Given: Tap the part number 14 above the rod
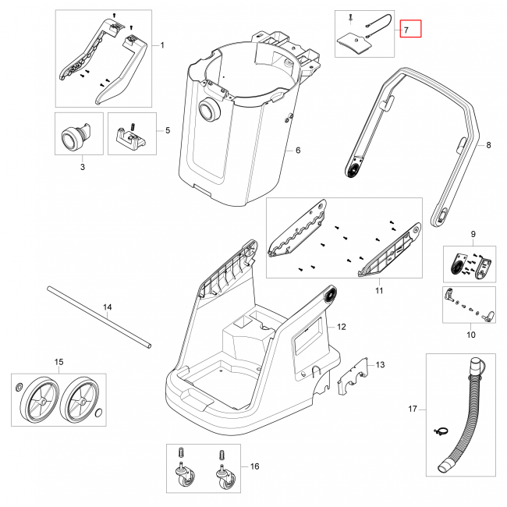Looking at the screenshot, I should (x=108, y=307).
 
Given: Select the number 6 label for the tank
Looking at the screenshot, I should (x=297, y=150).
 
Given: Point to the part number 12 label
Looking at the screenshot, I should (x=341, y=325).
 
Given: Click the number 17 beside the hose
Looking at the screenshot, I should (x=413, y=409).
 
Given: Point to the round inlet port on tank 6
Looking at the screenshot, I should (x=209, y=110).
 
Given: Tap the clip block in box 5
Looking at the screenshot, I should (x=132, y=137).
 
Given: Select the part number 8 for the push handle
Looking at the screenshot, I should (x=488, y=145).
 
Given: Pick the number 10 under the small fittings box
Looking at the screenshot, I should (x=470, y=335).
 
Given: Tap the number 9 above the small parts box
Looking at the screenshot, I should (x=471, y=235).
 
